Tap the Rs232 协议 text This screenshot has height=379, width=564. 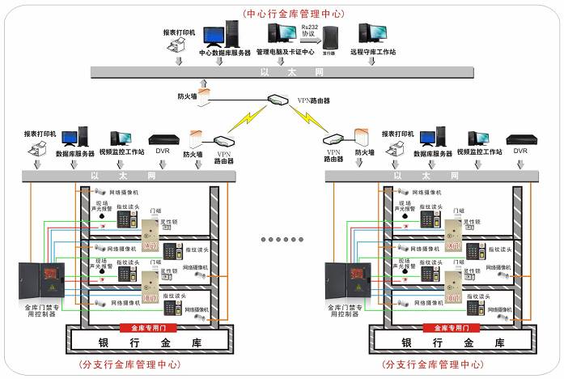tap(309, 31)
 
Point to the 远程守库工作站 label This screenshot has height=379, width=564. tap(373, 53)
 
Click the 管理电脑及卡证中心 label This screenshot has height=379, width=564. tap(285, 53)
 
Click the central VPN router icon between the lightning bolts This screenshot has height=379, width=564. tap(277, 100)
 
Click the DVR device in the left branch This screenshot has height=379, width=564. tap(162, 138)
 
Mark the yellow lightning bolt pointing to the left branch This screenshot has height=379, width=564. tap(243, 119)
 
